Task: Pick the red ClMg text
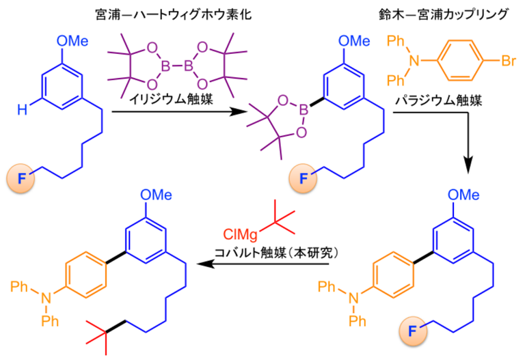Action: [x=241, y=234]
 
